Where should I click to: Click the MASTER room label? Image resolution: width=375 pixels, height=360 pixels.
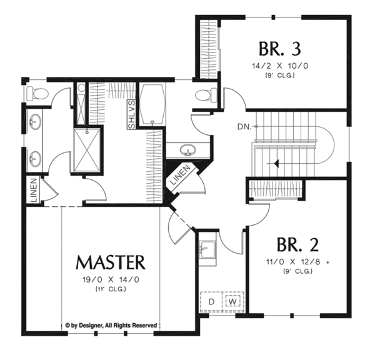111,261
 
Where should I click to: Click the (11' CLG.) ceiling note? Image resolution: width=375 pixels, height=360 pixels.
111,289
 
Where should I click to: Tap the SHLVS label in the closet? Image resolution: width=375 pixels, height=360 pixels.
131,114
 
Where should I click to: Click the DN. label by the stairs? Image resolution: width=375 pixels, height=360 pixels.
245,127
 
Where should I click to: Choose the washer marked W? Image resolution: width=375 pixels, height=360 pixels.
231,301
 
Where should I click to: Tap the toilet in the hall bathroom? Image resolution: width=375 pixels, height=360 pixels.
204,96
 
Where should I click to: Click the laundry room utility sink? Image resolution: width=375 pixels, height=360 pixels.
207,248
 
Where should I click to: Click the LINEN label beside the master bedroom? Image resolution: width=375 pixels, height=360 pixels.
32,191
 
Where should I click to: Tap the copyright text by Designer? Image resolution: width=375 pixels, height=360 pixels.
111,325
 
